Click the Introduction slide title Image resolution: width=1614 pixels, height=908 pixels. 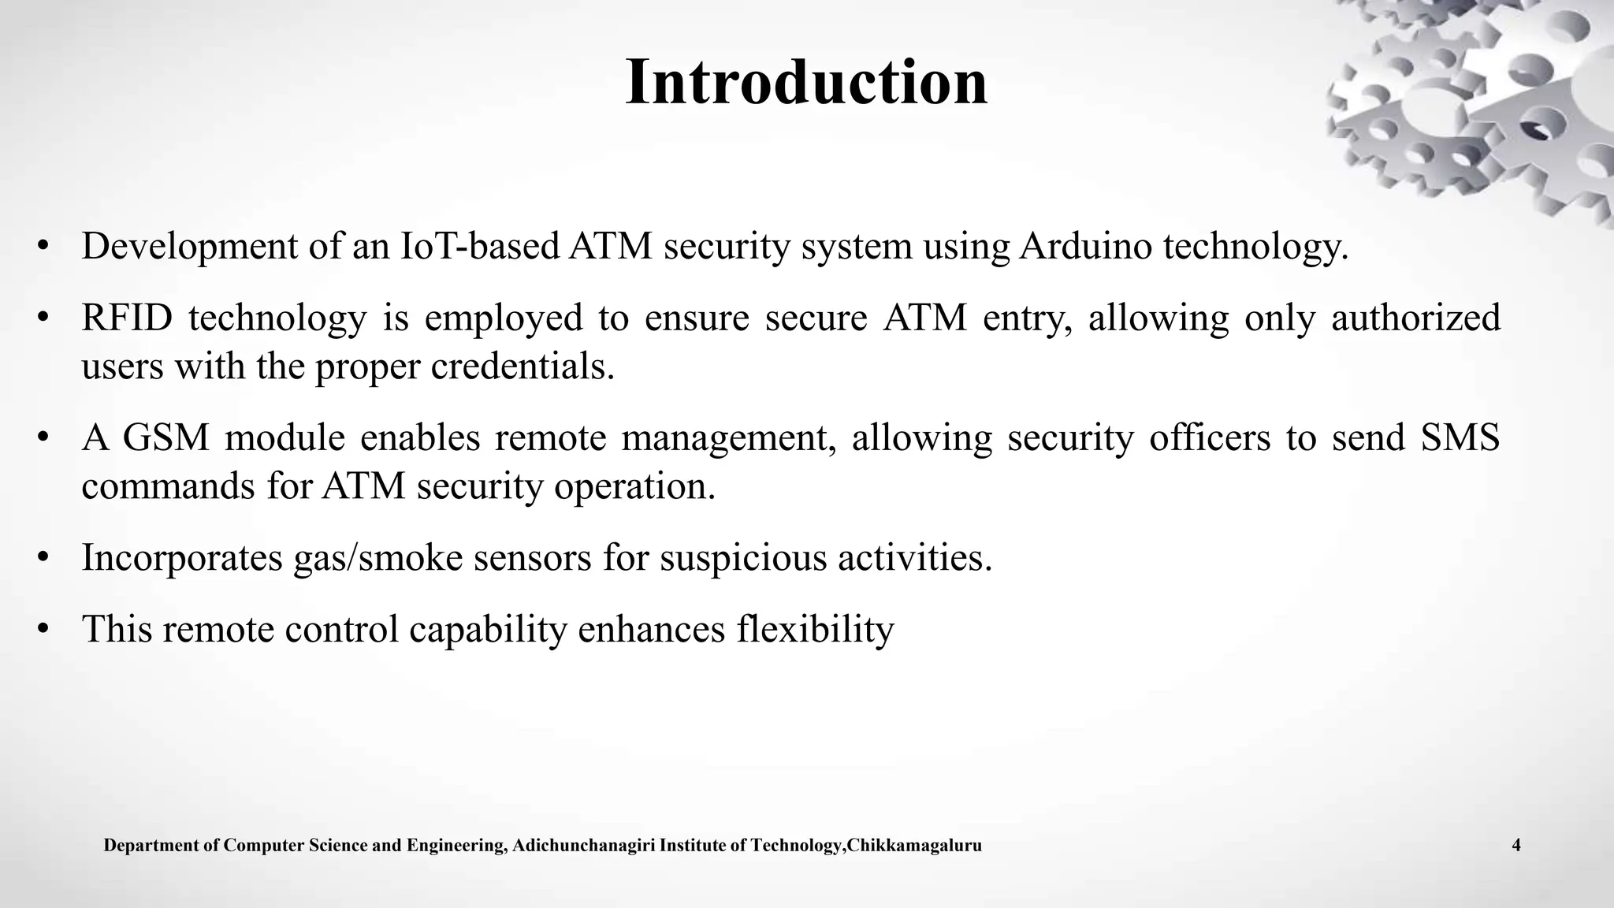(x=806, y=83)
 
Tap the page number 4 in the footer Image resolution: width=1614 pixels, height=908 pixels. (x=1516, y=847)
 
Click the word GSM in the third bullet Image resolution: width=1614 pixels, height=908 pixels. (x=166, y=438)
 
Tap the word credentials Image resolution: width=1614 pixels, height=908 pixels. (x=522, y=367)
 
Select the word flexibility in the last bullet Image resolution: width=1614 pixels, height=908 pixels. (x=815, y=629)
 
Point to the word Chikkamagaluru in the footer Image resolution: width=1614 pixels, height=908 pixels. (x=914, y=847)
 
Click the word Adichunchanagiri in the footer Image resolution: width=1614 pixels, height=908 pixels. (x=583, y=847)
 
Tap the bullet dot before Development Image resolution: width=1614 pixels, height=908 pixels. (x=43, y=246)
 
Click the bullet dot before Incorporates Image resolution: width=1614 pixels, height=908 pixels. (x=43, y=558)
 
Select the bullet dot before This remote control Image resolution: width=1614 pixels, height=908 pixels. (x=43, y=629)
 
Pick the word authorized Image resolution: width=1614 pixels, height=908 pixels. (x=1415, y=318)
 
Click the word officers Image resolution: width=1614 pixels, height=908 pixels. (x=1209, y=438)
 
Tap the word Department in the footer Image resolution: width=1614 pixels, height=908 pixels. (x=152, y=847)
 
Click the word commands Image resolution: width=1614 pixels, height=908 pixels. (x=168, y=486)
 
